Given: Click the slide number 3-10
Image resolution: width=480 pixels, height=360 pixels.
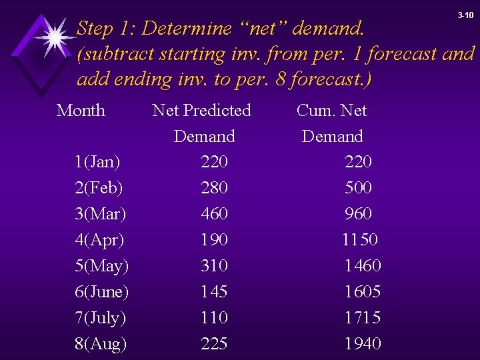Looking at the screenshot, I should pos(465,15).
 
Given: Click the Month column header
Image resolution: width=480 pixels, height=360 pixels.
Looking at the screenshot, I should pos(81,111).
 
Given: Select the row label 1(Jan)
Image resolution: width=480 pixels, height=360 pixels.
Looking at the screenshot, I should pos(97,162).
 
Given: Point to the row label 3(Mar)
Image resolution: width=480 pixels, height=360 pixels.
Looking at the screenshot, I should pos(100,214).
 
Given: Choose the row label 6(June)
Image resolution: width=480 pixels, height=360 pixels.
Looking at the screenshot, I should pos(102,292).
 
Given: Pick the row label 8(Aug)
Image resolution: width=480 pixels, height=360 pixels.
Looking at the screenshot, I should pos(100,344).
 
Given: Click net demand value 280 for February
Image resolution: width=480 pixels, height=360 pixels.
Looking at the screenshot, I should pos(214,188).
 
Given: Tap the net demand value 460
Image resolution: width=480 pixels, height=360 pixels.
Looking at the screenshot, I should pos(214,214).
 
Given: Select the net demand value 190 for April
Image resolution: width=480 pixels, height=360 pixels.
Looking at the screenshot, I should pos(214,240).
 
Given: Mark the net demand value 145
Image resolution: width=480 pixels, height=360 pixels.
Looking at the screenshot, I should pos(214,292).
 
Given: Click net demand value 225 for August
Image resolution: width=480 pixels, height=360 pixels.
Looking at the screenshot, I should pos(214,344).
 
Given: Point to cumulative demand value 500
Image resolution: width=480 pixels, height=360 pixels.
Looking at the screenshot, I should pos(359,188).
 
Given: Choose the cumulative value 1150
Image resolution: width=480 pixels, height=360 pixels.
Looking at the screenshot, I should pos(360,240).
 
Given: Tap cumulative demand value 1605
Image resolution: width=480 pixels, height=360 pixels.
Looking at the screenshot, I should pos(363,292).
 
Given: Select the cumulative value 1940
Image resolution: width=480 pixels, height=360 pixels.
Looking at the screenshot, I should pos(363,344).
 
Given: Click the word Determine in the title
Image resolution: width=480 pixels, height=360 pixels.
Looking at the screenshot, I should pos(187,29).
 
